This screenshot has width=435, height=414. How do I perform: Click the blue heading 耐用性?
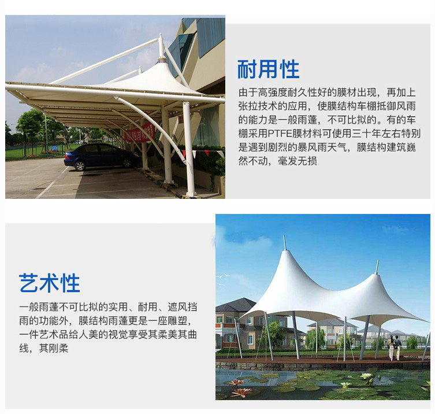point(268,69)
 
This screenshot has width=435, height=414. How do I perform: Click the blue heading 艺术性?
point(49,283)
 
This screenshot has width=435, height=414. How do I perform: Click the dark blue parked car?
point(102,157)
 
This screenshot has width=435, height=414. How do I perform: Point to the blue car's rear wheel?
point(80,166)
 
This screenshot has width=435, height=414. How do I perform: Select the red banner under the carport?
point(140,132)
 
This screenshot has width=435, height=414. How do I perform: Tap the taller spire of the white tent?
point(285,243)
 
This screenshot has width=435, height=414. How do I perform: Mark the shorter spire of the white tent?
point(377,267)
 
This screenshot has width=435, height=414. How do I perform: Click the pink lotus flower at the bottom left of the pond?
point(241,392)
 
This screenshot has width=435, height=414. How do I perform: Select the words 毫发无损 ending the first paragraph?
point(298,161)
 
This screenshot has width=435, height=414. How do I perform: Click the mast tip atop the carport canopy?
point(161,36)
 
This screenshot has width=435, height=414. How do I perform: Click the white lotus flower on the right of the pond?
point(366,376)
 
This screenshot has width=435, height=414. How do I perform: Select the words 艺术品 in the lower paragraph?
point(49,335)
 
